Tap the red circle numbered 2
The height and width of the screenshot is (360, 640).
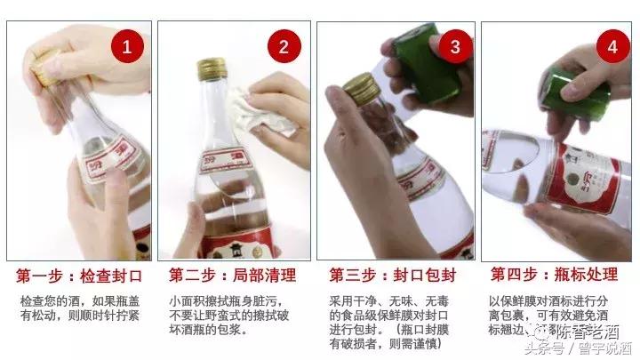[x=285, y=47]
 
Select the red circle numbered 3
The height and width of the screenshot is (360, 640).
[x=455, y=46]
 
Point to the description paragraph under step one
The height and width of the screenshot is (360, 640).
[x=79, y=308]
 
